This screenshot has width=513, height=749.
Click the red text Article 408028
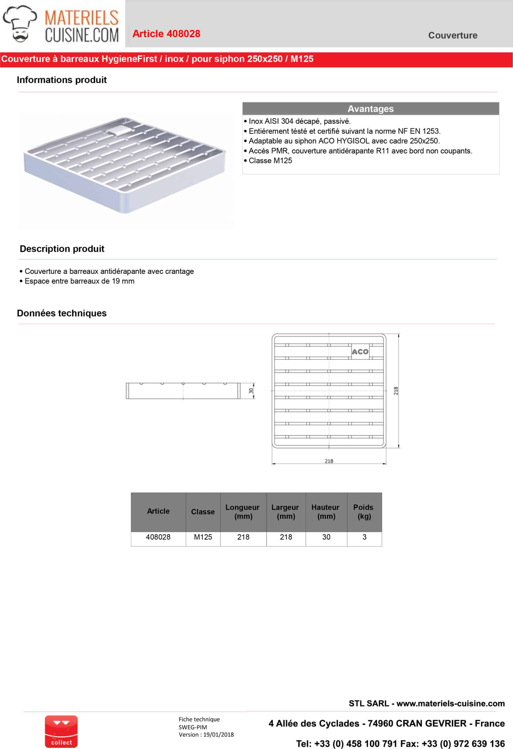166,34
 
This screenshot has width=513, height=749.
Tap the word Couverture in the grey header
452,35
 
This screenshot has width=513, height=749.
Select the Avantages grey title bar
370,109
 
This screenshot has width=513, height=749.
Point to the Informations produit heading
61,80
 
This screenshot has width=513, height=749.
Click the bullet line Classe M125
270,161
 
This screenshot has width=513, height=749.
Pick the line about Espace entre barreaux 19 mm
79,281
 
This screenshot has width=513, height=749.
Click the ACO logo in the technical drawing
360,352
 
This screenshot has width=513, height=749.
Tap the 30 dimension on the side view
251,391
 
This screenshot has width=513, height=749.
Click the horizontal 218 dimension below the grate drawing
329,461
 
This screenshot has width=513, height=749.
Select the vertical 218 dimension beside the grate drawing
396,391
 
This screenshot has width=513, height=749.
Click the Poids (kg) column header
364,511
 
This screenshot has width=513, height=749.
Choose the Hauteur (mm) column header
326,511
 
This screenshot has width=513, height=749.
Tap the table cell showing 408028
158,537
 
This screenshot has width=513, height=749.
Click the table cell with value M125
203,537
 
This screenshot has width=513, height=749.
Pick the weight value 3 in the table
364,537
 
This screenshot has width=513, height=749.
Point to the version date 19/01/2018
218,734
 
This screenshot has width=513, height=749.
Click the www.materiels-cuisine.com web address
450,703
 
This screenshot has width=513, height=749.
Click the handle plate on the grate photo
119,130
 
